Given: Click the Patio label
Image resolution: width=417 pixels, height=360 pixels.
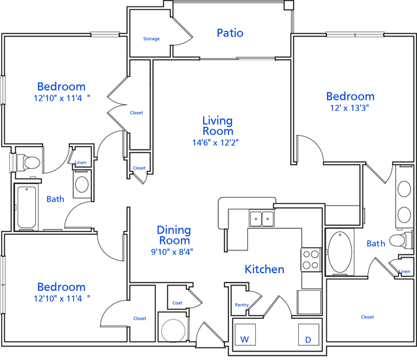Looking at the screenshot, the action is [230, 33].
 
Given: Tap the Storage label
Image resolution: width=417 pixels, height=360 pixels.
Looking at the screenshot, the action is [151, 38].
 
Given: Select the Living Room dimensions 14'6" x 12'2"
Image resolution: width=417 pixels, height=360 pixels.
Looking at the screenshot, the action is [215, 143].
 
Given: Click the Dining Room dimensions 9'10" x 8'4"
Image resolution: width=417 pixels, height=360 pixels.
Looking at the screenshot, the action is [172, 252].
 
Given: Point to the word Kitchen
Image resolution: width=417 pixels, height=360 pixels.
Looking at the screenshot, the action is [264, 269].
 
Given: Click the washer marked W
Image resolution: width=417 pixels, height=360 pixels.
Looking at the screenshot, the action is [245, 335].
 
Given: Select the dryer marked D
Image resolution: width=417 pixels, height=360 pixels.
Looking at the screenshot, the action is [309, 335].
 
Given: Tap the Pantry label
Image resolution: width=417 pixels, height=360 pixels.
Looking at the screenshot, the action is [241, 305].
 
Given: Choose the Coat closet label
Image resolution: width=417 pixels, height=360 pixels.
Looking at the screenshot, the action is [178, 303].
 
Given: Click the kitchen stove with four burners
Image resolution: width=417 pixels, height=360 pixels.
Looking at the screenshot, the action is [311, 260].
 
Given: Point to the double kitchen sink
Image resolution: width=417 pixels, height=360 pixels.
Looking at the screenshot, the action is [262, 218].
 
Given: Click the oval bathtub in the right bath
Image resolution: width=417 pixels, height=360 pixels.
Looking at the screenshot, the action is [340, 252].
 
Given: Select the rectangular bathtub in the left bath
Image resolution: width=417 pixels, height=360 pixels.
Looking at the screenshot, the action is [27, 207].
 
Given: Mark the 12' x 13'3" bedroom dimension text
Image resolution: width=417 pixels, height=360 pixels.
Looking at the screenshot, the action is [350, 108].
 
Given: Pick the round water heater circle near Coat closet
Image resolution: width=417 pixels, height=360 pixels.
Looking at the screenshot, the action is [174, 331].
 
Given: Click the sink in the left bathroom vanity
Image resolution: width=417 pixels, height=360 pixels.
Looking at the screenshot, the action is [82, 184].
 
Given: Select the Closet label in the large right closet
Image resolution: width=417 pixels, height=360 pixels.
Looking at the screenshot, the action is [367, 317].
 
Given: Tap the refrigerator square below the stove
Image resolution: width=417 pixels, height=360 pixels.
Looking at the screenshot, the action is [309, 302].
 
